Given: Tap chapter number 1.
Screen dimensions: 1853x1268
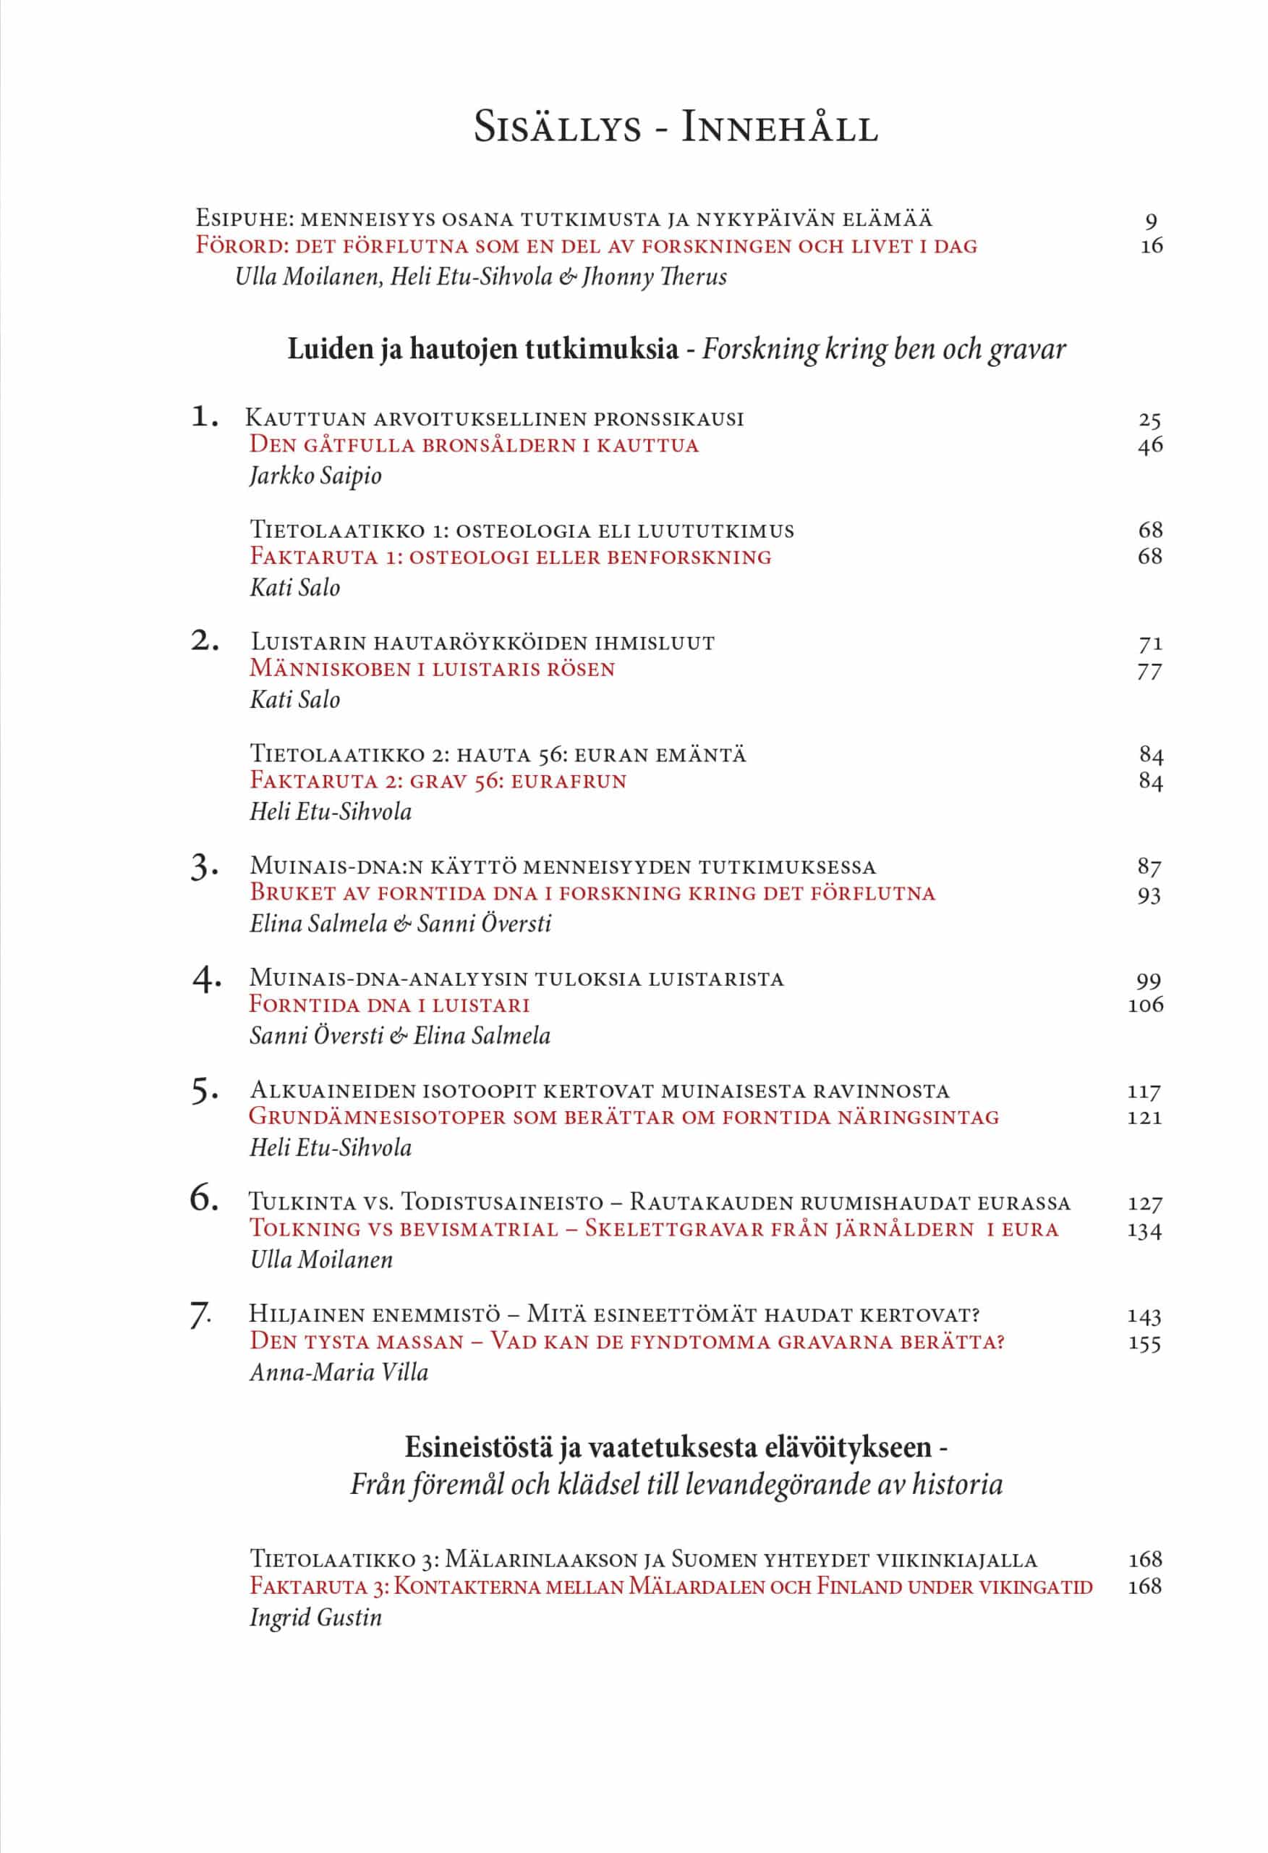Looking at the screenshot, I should [x=205, y=416].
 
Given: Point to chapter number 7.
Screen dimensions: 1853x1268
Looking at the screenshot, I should [x=202, y=1316].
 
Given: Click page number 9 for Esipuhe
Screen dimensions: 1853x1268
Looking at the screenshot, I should [x=1150, y=220].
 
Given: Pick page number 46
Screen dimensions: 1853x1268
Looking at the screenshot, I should [x=1149, y=445].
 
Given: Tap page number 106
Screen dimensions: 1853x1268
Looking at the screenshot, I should [x=1145, y=1005].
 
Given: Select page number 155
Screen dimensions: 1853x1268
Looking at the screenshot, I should [x=1144, y=1343].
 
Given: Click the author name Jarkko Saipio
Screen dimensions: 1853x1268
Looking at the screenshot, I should [x=315, y=476].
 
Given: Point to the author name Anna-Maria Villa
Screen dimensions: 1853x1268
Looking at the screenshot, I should [x=339, y=1372].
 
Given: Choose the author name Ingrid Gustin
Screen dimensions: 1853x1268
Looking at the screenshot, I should [x=315, y=1618].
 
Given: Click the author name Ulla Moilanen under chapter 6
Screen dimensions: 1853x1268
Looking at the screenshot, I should [x=321, y=1259].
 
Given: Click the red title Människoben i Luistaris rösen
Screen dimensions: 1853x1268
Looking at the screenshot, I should [x=432, y=669].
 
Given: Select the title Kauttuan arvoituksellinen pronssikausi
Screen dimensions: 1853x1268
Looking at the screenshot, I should [x=494, y=418].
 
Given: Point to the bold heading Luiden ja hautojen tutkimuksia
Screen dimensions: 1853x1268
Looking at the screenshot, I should [x=482, y=349].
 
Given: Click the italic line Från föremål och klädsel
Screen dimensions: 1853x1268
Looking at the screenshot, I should [x=676, y=1485].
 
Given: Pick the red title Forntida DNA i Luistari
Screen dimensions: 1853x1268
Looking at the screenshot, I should [x=390, y=1005].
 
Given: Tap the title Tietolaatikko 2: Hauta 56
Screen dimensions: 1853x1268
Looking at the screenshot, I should [x=498, y=754].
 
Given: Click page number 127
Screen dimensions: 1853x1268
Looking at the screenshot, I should [x=1144, y=1203].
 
